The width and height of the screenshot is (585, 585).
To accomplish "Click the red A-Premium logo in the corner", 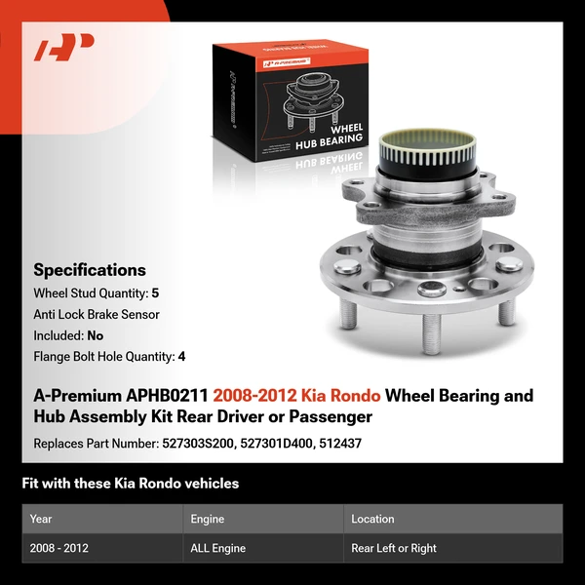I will pos(64,48).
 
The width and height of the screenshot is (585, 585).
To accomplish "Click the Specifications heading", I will pos(90,270).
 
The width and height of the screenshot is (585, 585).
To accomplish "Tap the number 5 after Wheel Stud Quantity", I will pos(154,292).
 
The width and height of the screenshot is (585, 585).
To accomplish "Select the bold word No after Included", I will pos(95,335).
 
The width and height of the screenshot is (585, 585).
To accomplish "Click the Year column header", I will pos(41,519).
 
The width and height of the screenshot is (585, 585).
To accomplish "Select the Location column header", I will pos(372,519).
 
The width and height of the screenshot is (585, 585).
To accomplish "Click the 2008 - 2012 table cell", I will pos(59,548).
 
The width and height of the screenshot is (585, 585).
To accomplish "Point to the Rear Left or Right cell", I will pos(394,548).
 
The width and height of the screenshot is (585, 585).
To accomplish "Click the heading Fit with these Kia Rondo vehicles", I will pos(130,484).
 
